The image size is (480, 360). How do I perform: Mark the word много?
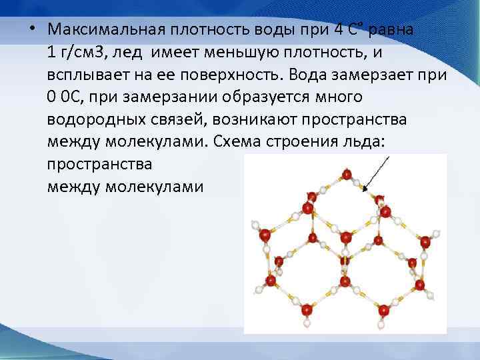[x=337, y=97]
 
